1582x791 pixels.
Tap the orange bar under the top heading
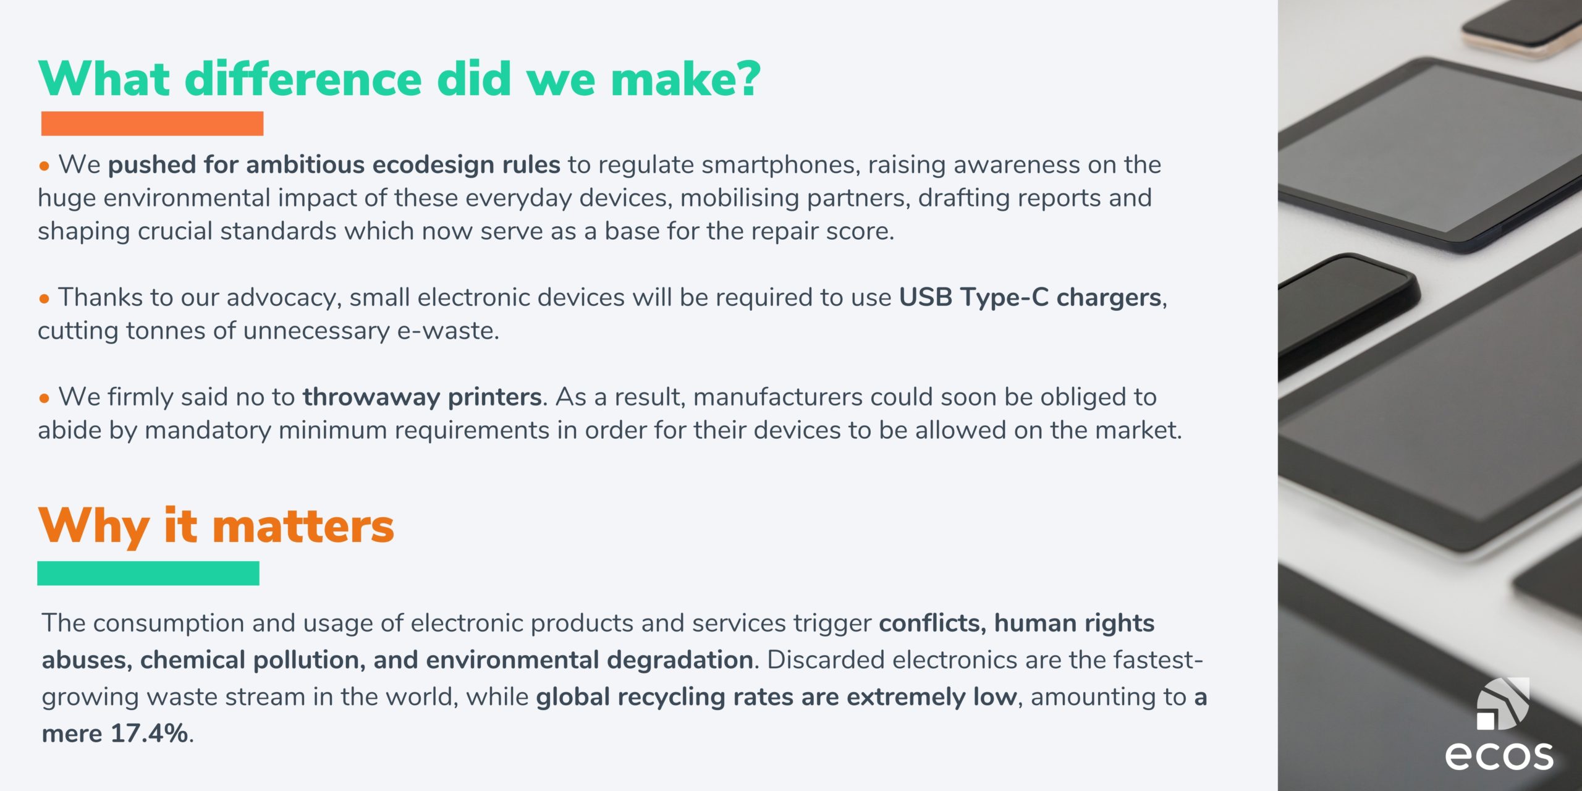pyautogui.click(x=152, y=124)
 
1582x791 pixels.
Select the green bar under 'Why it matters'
pyautogui.click(x=148, y=573)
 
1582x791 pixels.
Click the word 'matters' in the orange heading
pyautogui.click(x=303, y=527)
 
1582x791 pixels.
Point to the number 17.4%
pyautogui.click(x=149, y=734)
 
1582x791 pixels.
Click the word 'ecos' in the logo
pyautogui.click(x=1499, y=755)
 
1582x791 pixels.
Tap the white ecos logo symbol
pyautogui.click(x=1503, y=704)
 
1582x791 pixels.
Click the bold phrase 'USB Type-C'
pyautogui.click(x=973, y=297)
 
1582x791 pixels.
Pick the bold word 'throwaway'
pyautogui.click(x=371, y=397)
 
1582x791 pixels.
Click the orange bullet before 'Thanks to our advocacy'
pyautogui.click(x=44, y=299)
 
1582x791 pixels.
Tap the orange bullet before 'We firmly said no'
pyautogui.click(x=44, y=399)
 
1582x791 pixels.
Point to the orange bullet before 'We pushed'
pyautogui.click(x=44, y=166)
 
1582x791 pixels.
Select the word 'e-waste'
pyautogui.click(x=447, y=331)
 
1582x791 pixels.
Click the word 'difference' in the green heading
pyautogui.click(x=303, y=78)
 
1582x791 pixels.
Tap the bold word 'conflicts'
pyautogui.click(x=933, y=623)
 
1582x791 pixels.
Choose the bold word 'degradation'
pyautogui.click(x=679, y=661)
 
